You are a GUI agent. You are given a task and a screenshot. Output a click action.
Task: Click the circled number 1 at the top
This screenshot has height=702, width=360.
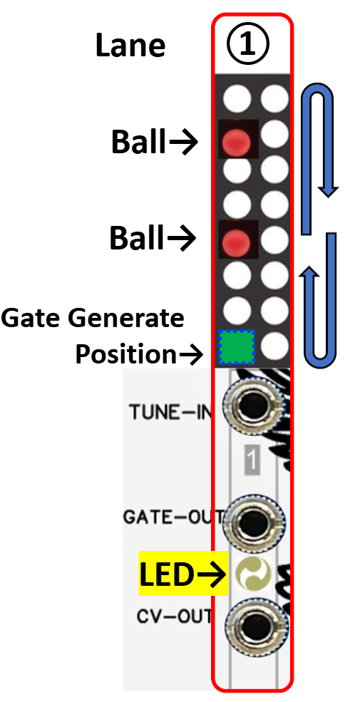point(247,44)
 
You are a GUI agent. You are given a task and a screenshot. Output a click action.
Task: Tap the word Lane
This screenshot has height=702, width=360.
point(130,46)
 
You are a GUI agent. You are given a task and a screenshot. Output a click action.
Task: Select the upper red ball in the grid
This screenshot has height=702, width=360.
point(237,142)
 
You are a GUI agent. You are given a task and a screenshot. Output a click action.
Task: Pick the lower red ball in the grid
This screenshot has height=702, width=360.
point(237,242)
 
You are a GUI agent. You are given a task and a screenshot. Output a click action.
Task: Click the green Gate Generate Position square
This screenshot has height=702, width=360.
point(237,347)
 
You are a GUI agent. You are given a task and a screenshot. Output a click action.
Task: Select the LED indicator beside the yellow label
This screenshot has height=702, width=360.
point(254,574)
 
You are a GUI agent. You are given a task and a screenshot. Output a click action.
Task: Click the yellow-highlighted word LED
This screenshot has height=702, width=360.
point(167,574)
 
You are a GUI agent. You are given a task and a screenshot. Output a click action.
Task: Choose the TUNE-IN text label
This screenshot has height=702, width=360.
point(170,411)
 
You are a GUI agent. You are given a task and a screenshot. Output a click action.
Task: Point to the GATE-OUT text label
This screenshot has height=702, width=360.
point(173,517)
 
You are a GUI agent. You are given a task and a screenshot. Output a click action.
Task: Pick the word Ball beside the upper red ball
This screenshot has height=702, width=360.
point(138,143)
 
